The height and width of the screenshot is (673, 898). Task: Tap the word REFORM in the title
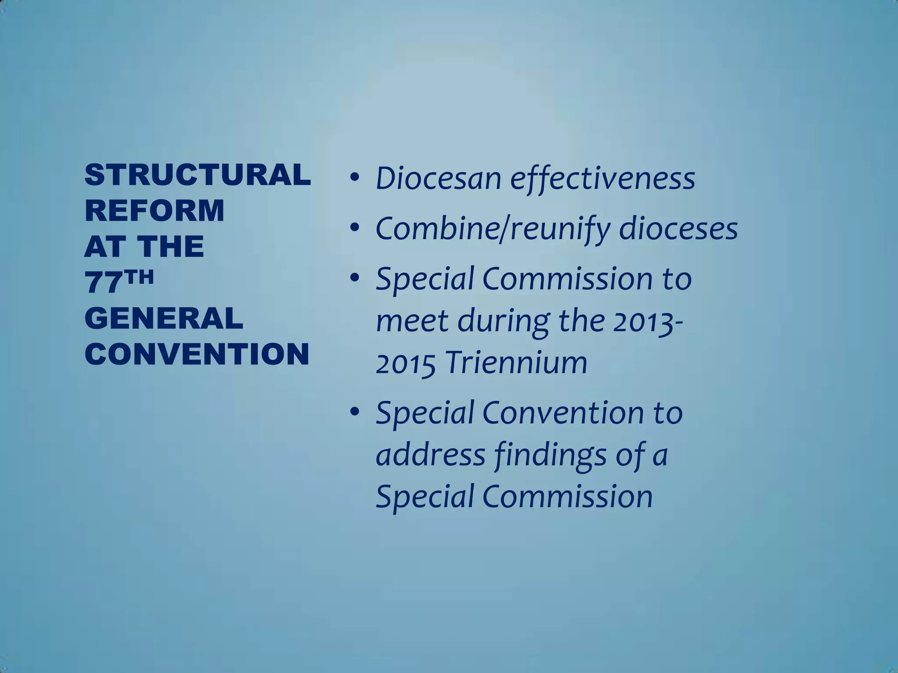[x=154, y=210]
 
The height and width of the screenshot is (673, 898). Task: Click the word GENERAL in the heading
[x=164, y=318]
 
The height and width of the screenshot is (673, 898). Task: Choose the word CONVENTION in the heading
[x=197, y=354]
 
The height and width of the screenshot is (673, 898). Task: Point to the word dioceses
[x=678, y=229]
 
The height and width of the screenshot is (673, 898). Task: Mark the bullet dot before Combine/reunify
[x=355, y=228]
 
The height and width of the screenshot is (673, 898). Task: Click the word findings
[x=550, y=456]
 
